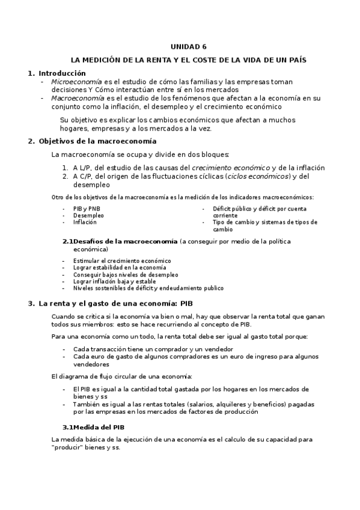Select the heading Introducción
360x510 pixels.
tap(62, 73)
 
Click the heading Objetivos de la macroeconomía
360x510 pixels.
tap(97, 142)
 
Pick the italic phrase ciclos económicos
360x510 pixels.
tap(258, 176)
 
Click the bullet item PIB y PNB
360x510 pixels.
tap(87, 209)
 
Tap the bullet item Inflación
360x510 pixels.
tap(85, 222)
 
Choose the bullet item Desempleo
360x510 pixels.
tap(88, 215)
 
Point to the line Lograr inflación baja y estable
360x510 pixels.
tap(114, 281)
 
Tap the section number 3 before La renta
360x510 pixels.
tap(30, 304)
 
